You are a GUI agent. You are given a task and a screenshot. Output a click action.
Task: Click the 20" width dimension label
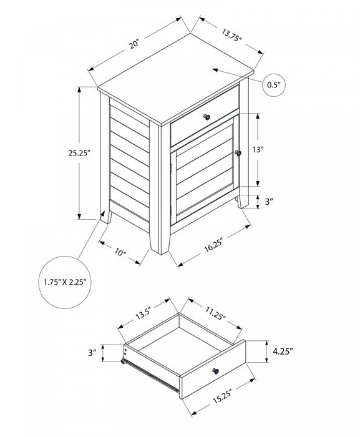(134, 45)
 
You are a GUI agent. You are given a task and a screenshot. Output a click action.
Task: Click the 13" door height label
(276, 149)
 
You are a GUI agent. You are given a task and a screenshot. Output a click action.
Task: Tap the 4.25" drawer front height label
(283, 351)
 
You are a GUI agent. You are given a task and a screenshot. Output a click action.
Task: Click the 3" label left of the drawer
(93, 353)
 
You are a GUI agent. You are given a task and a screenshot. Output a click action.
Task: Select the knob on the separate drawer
(216, 371)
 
